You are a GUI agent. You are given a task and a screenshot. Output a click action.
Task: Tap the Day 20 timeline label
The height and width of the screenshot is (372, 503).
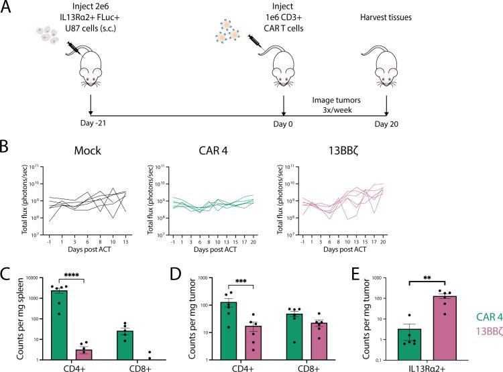click(x=386, y=125)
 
